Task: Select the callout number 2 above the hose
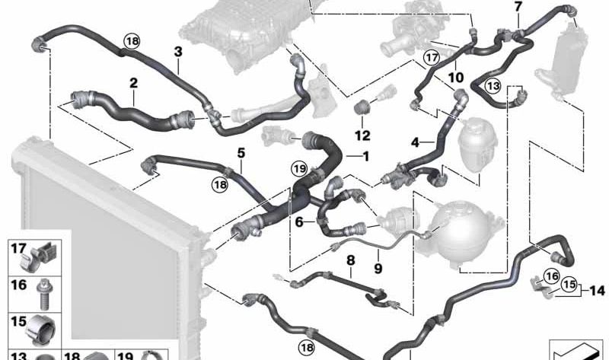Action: point(133,83)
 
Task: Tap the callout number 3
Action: point(177,52)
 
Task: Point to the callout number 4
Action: point(415,142)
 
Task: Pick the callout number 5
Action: point(241,152)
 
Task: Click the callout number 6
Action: point(299,221)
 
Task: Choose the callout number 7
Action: point(518,7)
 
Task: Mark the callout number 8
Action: point(350,260)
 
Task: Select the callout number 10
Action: point(456,77)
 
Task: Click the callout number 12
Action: point(362,136)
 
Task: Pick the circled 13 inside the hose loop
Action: point(493,87)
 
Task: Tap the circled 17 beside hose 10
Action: point(432,56)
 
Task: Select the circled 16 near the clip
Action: point(552,276)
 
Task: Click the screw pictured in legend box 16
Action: point(40,288)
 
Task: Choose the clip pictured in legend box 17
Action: point(42,253)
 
